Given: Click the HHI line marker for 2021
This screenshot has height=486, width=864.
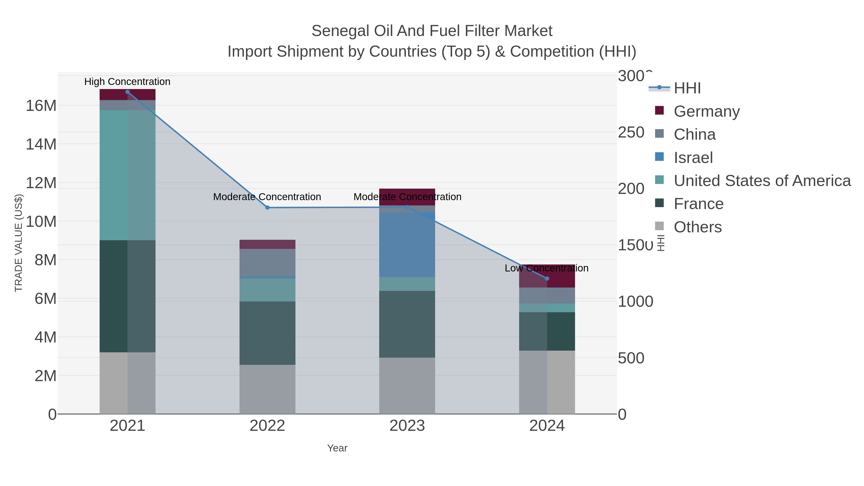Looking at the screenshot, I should [x=127, y=92].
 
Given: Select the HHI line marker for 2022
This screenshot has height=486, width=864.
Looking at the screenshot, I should [x=267, y=208].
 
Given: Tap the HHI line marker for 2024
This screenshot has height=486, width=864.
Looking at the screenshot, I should [x=547, y=279].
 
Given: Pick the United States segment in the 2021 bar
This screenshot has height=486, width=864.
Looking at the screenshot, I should [x=127, y=175].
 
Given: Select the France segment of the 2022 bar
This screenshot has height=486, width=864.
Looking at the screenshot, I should [x=267, y=333].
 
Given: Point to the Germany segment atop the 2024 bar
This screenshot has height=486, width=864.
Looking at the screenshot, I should [x=547, y=276].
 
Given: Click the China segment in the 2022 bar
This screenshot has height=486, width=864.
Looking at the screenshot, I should [x=267, y=262].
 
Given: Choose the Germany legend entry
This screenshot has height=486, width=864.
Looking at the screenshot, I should [x=706, y=111].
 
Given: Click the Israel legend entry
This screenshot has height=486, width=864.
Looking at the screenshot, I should [x=693, y=158].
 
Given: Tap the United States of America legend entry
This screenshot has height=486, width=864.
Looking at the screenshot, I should [x=762, y=181].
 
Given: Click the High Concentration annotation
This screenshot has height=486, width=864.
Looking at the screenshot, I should [x=127, y=82].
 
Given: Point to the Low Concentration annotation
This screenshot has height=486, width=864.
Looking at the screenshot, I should [x=546, y=268].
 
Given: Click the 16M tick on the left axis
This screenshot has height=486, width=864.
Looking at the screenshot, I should [x=41, y=106].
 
